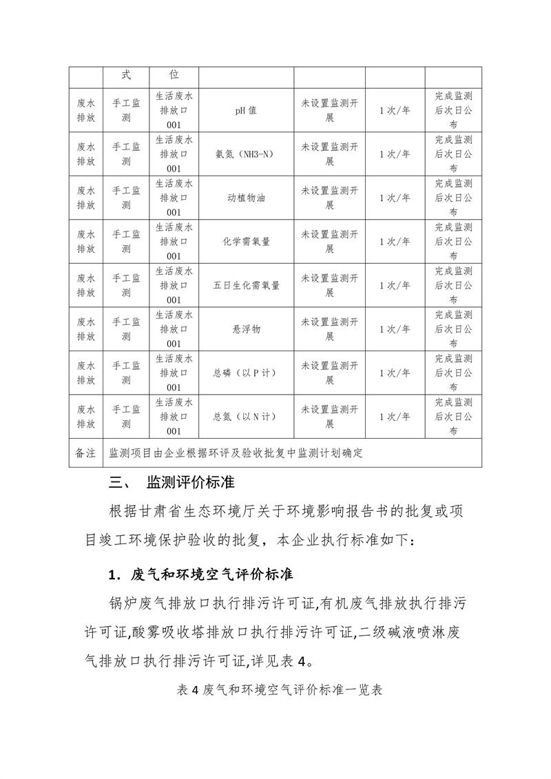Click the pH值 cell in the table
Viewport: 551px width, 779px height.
(246, 110)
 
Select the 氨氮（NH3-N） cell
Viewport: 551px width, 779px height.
(246, 154)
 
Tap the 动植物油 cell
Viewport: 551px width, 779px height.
(246, 198)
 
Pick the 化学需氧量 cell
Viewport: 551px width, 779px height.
(246, 242)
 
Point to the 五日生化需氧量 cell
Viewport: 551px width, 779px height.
(246, 285)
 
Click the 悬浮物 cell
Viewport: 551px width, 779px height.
(246, 329)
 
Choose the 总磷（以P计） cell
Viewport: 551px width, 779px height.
(246, 373)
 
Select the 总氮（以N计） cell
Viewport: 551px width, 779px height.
(246, 417)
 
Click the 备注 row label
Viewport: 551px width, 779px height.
(85, 453)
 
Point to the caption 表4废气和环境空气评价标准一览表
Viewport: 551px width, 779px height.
(275, 689)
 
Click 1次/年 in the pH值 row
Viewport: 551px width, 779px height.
(395, 110)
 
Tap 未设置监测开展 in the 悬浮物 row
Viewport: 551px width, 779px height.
(329, 329)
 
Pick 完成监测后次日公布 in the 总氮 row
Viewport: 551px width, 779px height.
(453, 417)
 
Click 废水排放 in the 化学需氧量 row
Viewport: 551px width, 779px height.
(86, 242)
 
